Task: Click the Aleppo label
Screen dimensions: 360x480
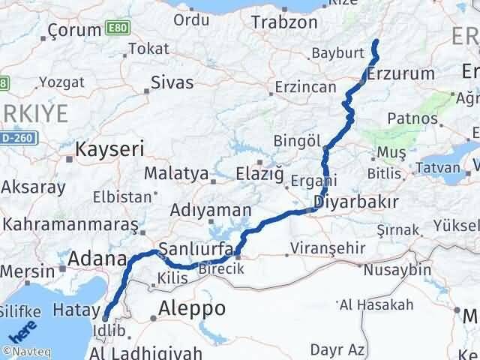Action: [192, 308]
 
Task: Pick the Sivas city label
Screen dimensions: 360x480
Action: [172, 82]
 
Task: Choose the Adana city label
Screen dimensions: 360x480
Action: [97, 259]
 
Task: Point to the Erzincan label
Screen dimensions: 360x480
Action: [305, 87]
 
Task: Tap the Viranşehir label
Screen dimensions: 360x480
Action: [330, 248]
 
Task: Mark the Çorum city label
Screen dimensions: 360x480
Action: [74, 30]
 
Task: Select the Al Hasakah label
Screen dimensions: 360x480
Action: [376, 304]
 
